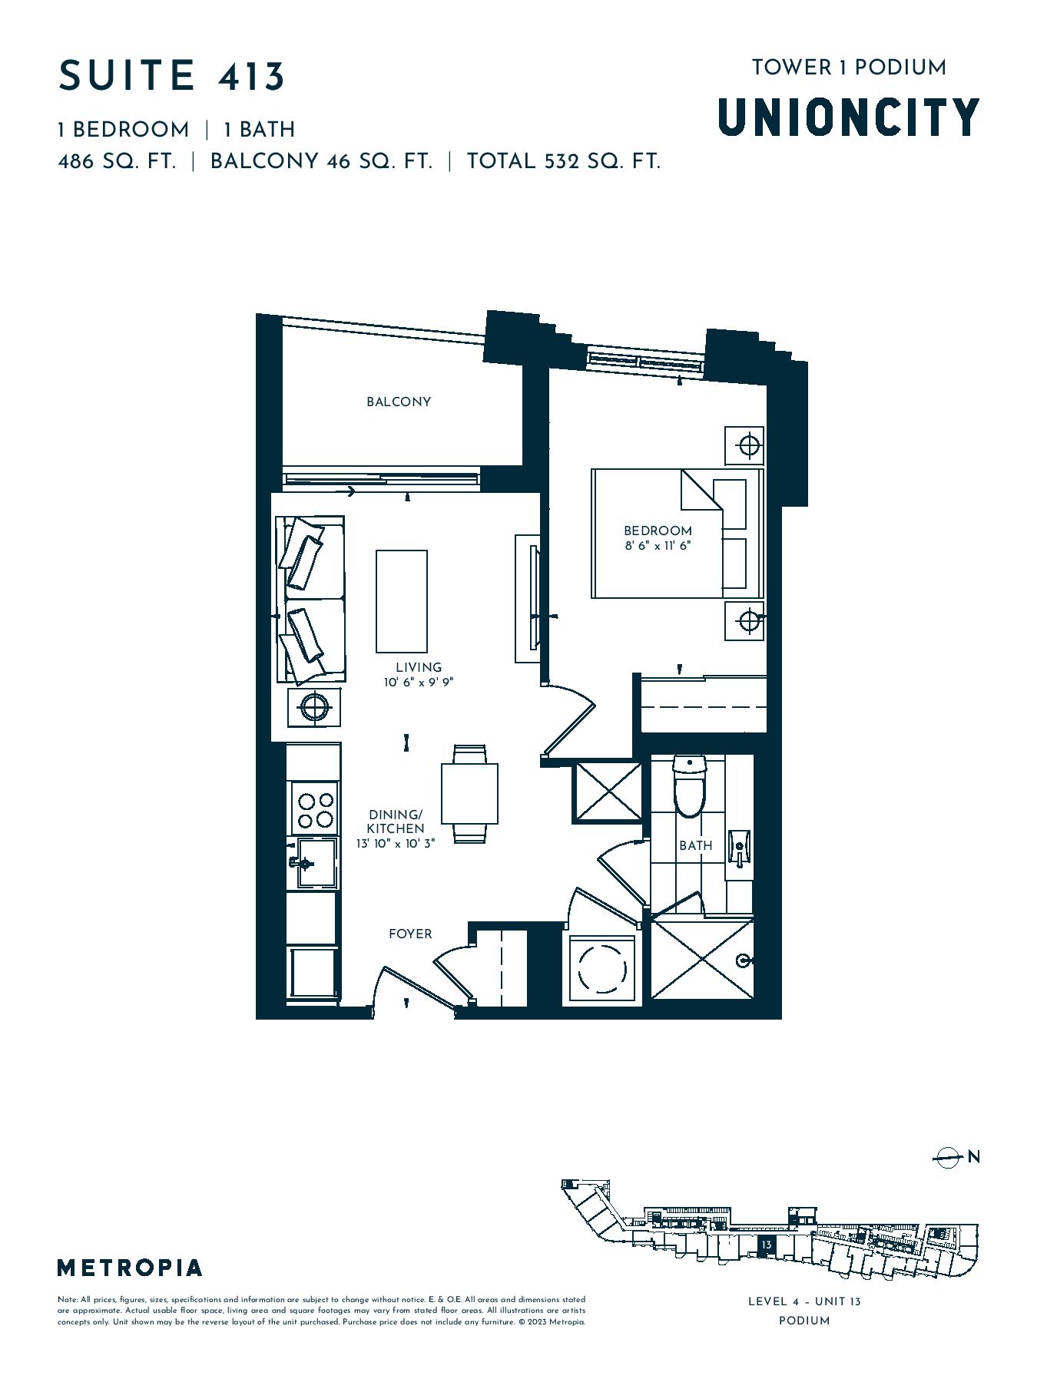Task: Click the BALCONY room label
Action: [398, 402]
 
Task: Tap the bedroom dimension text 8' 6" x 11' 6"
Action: [658, 546]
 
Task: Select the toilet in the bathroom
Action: [689, 786]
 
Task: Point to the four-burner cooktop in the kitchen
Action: [314, 809]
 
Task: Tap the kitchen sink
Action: [313, 863]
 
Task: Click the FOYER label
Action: [410, 934]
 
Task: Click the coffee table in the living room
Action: [401, 601]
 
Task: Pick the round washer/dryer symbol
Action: [603, 969]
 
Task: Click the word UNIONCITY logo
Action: [849, 117]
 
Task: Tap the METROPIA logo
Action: [130, 1268]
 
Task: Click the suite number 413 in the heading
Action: [252, 76]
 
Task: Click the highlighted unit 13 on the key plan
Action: [766, 1245]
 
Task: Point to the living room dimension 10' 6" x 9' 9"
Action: [419, 682]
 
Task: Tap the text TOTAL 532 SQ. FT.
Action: [564, 161]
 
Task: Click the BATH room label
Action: [695, 845]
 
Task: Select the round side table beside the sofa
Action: [313, 706]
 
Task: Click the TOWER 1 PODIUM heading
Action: [849, 68]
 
